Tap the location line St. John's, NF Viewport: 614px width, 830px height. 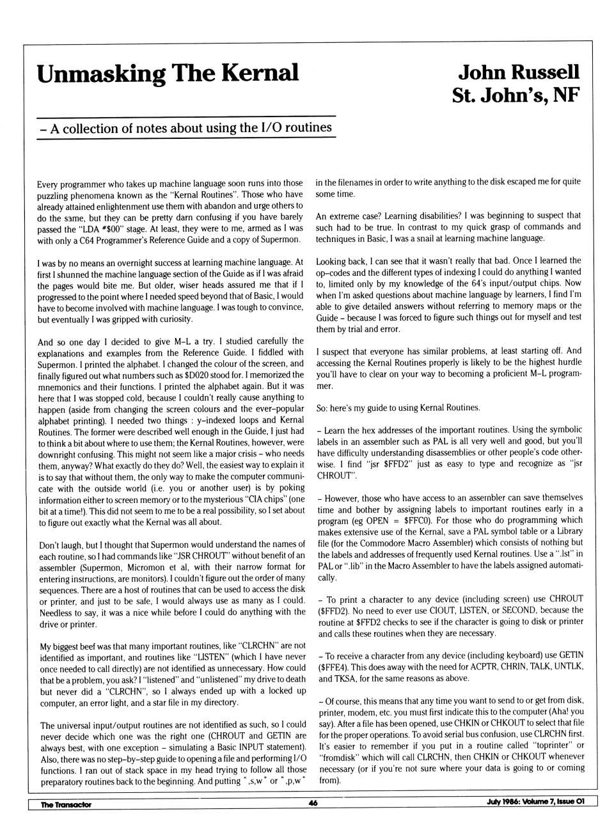coord(516,95)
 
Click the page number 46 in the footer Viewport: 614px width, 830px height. coord(313,804)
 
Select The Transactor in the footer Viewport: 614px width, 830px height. coord(66,804)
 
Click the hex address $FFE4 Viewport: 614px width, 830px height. coord(333,667)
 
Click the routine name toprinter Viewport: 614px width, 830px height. coord(557,746)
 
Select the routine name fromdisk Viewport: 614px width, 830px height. coord(338,757)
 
